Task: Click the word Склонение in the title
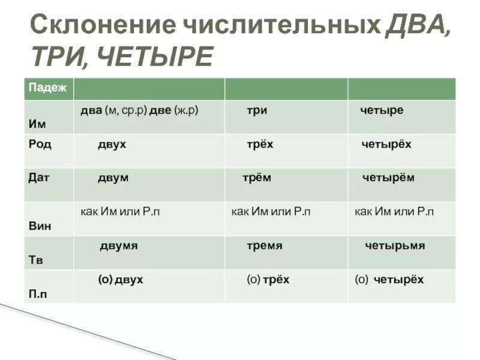click(x=103, y=25)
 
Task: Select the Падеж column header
click(x=47, y=88)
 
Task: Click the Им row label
click(x=37, y=124)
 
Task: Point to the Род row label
click(x=40, y=144)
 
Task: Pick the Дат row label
click(x=38, y=178)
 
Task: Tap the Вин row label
click(x=40, y=226)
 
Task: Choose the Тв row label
click(x=36, y=260)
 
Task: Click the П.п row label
click(x=38, y=294)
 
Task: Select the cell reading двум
click(x=113, y=178)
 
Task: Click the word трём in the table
click(x=257, y=178)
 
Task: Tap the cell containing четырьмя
click(x=395, y=245)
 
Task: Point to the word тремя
click(x=265, y=245)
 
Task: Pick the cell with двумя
click(x=119, y=246)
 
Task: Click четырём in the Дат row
click(x=388, y=178)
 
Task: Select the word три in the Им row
click(x=257, y=110)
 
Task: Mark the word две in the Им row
click(x=160, y=110)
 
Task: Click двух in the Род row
click(x=112, y=145)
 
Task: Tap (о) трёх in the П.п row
click(x=268, y=280)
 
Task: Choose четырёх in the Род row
click(x=386, y=144)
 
